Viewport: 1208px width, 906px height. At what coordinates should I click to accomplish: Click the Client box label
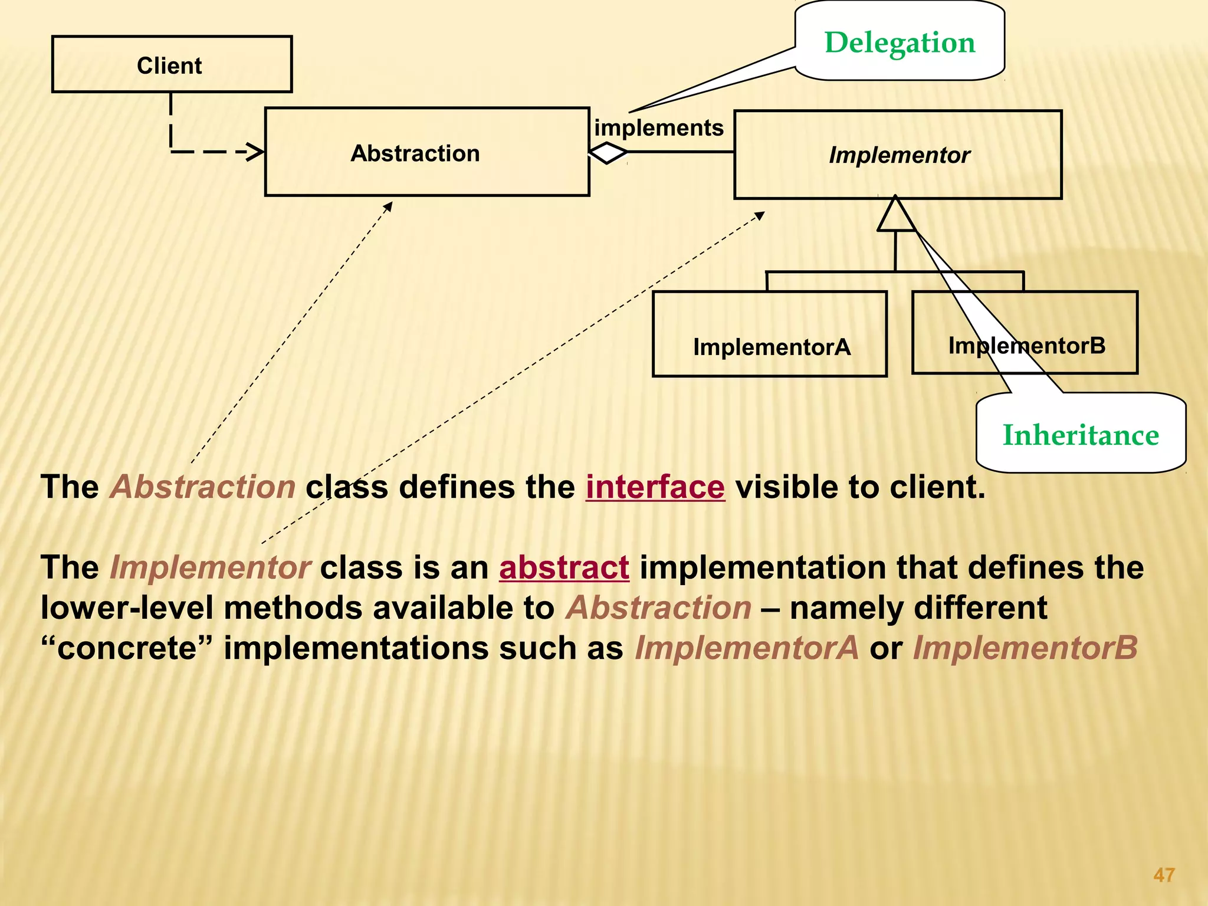point(169,65)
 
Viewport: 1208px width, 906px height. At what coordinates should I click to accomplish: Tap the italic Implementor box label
point(899,155)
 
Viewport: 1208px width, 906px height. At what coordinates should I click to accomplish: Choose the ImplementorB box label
point(1026,346)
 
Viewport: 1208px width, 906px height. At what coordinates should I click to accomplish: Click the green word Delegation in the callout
point(900,42)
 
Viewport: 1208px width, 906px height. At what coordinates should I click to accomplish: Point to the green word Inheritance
point(1081,435)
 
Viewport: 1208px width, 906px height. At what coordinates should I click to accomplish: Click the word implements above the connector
point(658,127)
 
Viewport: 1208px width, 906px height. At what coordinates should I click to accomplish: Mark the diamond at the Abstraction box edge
point(608,153)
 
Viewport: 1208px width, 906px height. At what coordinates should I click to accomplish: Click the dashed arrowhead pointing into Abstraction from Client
point(256,152)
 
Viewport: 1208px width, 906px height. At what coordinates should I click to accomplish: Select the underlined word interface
point(655,487)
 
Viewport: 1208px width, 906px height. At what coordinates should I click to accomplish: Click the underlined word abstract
point(564,567)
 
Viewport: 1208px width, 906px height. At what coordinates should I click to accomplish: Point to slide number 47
point(1164,875)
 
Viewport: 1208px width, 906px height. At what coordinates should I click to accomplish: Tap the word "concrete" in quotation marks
point(126,648)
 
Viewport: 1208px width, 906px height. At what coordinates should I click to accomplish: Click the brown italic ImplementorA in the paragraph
point(747,648)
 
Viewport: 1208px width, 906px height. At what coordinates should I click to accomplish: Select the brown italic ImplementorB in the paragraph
point(1025,648)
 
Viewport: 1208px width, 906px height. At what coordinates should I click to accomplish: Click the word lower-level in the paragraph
point(127,608)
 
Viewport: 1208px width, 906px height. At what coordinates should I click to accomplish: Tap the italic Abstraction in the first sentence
point(202,487)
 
